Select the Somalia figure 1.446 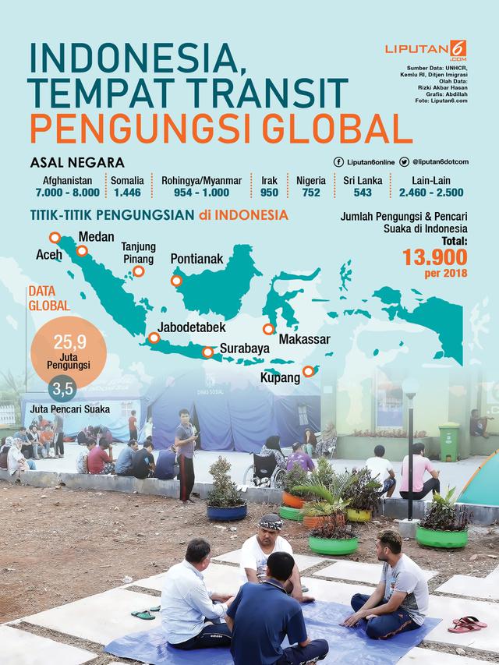click(126, 192)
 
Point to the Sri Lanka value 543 click(357, 192)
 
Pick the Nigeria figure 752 click(311, 192)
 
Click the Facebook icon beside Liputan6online click(338, 161)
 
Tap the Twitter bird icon click(405, 161)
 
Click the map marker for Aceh click(55, 237)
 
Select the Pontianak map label click(199, 258)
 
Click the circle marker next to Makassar click(269, 330)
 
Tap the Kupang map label click(281, 378)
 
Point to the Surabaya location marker click(207, 352)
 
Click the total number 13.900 click(435, 257)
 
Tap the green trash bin click(448, 441)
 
